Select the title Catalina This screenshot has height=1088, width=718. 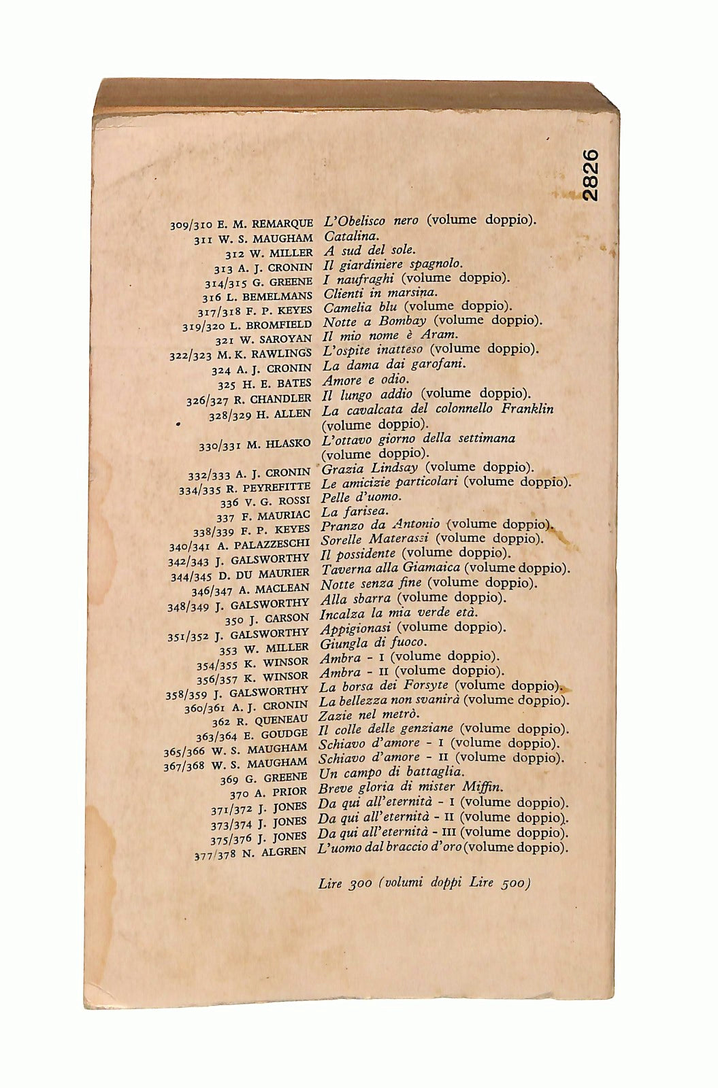[x=348, y=237]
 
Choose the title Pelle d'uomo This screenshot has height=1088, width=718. [x=361, y=496]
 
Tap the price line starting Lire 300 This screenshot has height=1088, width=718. [x=423, y=884]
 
